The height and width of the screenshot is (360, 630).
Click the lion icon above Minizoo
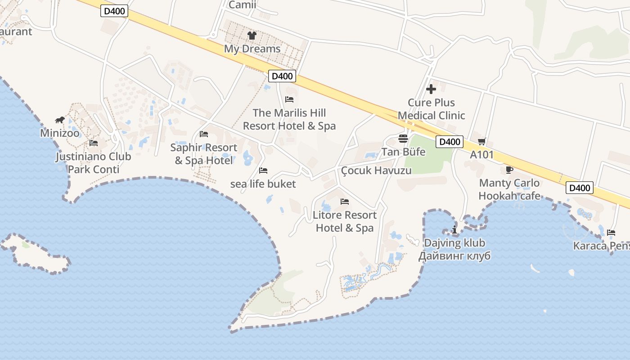pos(60,120)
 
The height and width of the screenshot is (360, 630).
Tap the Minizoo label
pos(60,133)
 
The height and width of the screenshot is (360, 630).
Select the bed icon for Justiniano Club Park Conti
pos(94,143)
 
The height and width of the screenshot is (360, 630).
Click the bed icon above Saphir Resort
pos(204,134)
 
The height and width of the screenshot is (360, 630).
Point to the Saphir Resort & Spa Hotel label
pos(204,154)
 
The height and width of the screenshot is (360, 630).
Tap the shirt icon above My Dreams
pos(252,35)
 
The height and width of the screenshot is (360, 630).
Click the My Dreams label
pos(252,49)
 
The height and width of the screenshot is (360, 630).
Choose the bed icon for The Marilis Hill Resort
pos(289,99)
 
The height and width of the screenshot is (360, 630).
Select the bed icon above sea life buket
pos(263,171)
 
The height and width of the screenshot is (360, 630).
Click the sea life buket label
pos(263,184)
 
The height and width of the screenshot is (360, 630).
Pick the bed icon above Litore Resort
pos(345,201)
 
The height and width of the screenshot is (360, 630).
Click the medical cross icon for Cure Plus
pos(431,89)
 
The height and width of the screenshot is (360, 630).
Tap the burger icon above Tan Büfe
pos(403,138)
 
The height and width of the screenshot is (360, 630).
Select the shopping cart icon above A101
pos(482,142)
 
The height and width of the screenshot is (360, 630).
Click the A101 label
pos(482,155)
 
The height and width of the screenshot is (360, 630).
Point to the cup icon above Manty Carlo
pos(509,170)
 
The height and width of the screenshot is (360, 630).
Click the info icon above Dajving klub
pos(454,230)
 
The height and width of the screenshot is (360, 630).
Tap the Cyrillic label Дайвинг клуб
pos(454,256)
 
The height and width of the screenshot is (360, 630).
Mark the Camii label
pos(242,5)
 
